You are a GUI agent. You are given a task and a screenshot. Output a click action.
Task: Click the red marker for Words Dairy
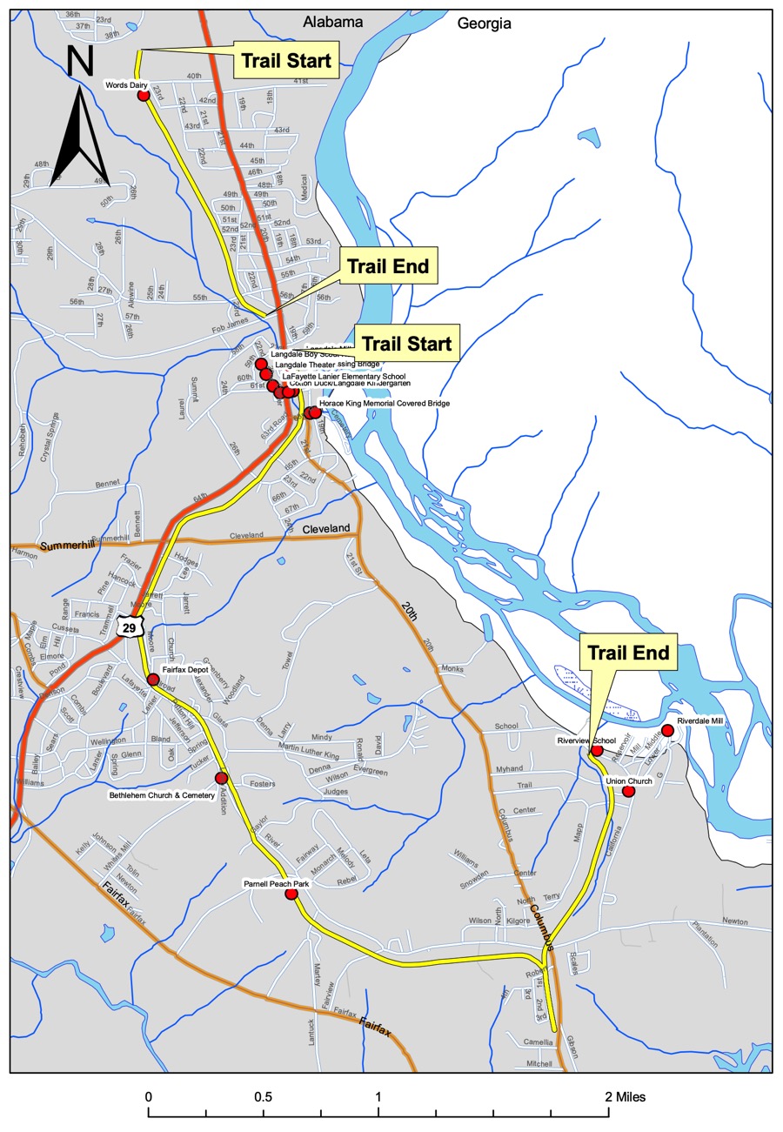tap(144, 95)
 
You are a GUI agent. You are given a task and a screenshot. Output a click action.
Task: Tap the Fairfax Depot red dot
tap(153, 679)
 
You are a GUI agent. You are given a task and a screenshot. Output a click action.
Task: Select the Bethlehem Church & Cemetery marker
tap(221, 778)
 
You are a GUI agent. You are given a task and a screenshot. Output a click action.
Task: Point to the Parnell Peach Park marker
tap(291, 894)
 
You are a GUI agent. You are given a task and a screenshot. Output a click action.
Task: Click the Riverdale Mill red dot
tap(667, 730)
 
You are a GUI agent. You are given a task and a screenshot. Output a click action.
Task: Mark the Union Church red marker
tap(628, 792)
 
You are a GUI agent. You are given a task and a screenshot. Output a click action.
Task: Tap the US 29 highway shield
tap(130, 626)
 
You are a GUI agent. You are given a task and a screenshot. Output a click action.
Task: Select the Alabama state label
tap(331, 23)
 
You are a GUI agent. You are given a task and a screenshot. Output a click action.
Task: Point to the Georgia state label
tap(485, 23)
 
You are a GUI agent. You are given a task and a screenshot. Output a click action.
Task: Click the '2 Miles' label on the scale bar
tap(626, 1097)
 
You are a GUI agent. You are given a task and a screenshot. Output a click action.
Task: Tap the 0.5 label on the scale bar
tap(264, 1097)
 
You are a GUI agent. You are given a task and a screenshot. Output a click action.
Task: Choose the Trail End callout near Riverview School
tap(629, 653)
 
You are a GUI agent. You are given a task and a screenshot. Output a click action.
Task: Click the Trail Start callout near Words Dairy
tap(286, 61)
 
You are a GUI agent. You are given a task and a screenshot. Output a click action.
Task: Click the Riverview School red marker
tap(597, 750)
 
